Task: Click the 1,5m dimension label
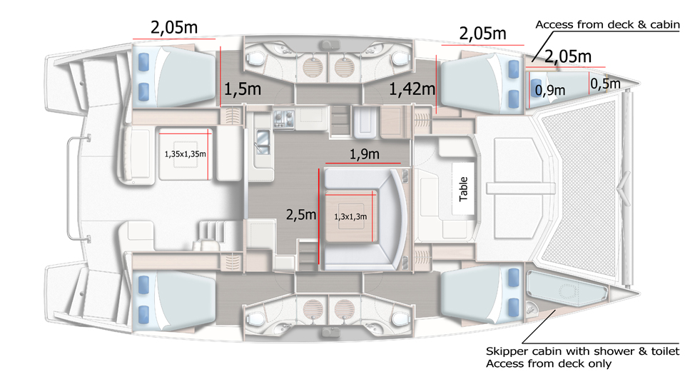click(x=243, y=89)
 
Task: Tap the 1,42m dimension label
click(x=412, y=89)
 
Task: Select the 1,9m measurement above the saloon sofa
click(x=365, y=154)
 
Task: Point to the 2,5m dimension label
click(x=301, y=214)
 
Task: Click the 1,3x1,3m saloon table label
click(x=350, y=216)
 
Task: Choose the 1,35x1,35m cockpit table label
click(x=186, y=154)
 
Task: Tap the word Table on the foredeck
click(x=463, y=189)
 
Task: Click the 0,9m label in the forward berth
click(x=550, y=91)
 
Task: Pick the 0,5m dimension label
click(x=605, y=83)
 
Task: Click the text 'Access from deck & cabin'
click(x=608, y=24)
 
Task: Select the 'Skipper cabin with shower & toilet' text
click(x=583, y=351)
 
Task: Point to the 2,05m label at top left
click(x=174, y=27)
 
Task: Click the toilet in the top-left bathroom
click(x=253, y=58)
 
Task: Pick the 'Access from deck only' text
click(x=549, y=363)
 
